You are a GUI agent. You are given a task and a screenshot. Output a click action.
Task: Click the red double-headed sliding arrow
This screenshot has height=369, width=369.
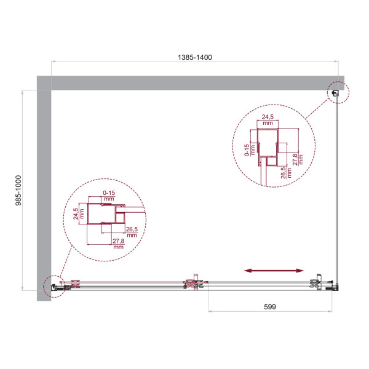274,270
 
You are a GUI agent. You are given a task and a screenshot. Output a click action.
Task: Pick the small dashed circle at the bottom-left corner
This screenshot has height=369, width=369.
54,286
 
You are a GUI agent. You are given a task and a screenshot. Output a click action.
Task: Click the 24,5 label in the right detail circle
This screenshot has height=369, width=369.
267,119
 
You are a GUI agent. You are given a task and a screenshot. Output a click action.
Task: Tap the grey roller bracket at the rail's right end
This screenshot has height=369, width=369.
318,282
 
